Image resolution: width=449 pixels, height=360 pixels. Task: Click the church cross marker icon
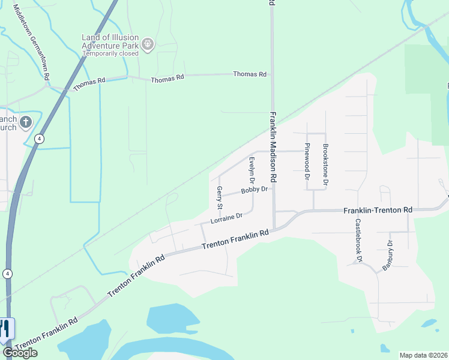coord(25,122)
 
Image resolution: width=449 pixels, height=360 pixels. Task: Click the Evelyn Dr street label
coord(252,170)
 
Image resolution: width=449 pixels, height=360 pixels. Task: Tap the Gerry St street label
coord(220,197)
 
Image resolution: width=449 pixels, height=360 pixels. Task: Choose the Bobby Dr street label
coord(255,190)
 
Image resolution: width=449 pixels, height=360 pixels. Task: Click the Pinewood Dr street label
coord(307,161)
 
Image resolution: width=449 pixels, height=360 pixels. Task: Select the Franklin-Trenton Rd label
coord(378,211)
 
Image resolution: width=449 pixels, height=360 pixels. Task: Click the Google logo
coord(20,353)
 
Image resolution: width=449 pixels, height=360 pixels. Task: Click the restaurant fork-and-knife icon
coord(5,329)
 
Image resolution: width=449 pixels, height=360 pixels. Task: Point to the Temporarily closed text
coord(110,53)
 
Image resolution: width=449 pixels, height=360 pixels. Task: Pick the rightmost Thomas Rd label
coord(249,74)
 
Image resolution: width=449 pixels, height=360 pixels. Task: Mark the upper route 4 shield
coord(39,139)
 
